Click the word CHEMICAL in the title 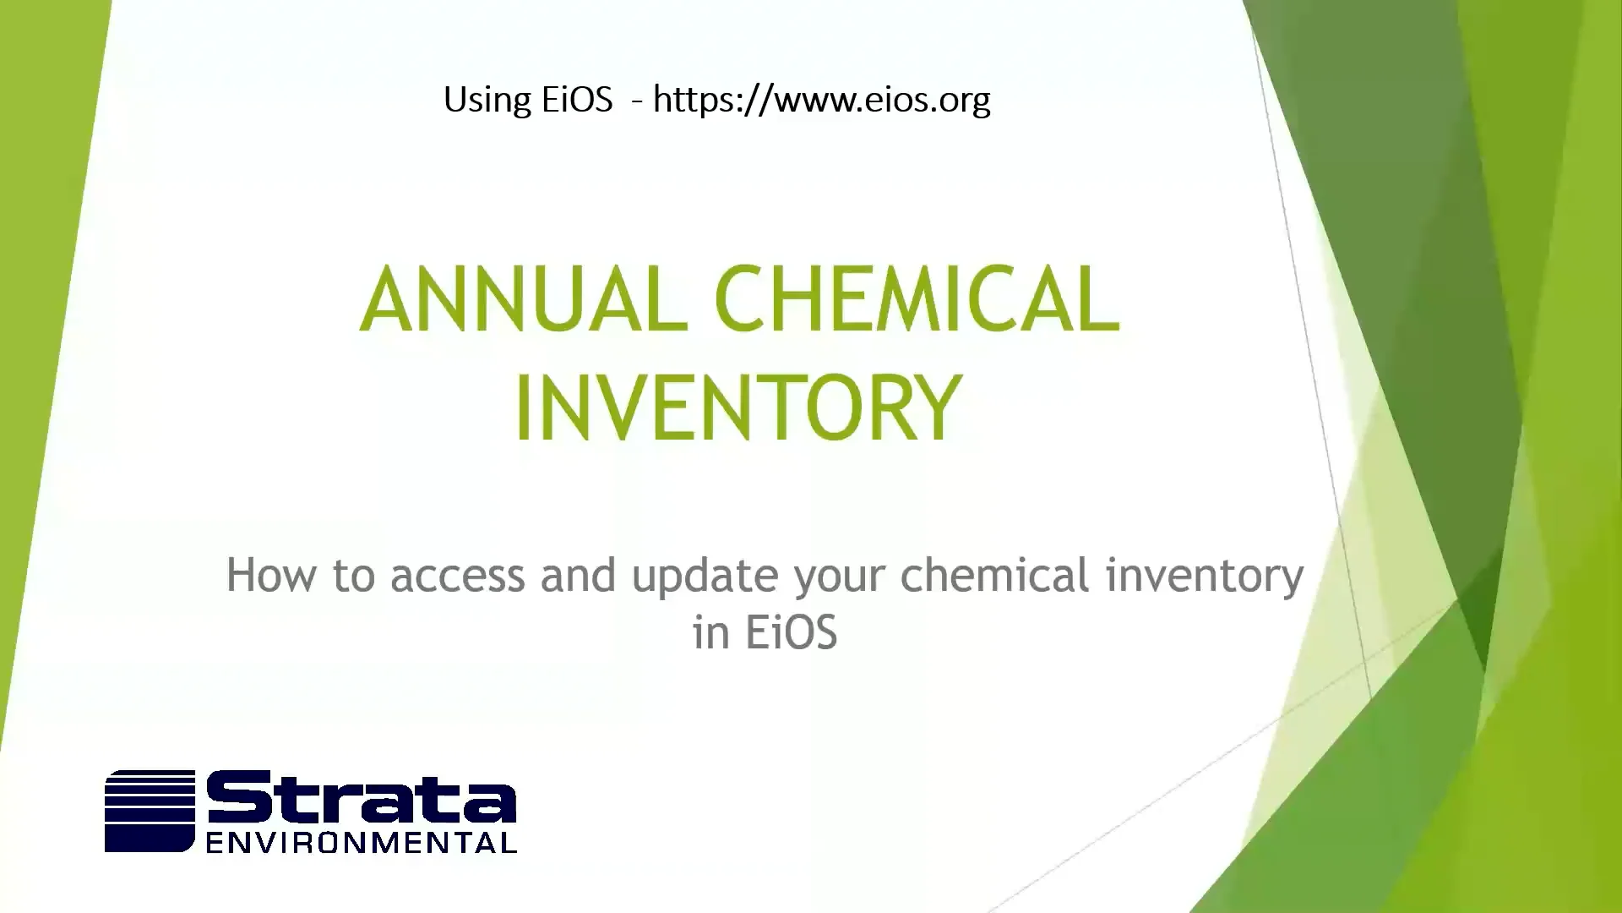[x=917, y=300]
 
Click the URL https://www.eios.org [x=821, y=100]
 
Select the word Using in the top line [x=486, y=100]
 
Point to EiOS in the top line [x=577, y=100]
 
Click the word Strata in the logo [x=362, y=799]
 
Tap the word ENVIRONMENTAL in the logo [x=362, y=843]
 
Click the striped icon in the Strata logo [x=150, y=810]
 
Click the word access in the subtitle [x=457, y=576]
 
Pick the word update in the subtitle [x=705, y=576]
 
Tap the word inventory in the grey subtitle [x=1205, y=576]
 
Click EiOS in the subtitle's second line [x=791, y=632]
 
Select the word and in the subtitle [x=578, y=576]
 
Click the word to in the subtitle [x=354, y=576]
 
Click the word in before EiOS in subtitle [x=710, y=632]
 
